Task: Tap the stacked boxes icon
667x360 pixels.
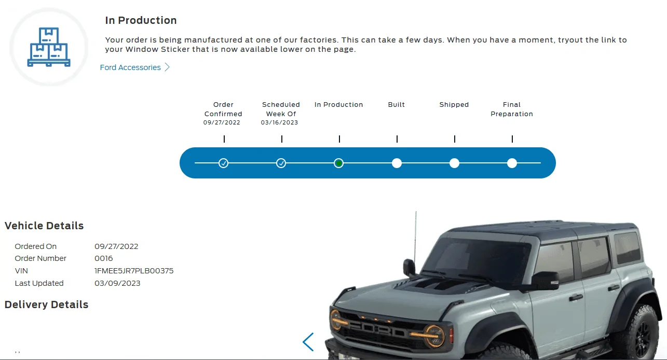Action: pos(49,47)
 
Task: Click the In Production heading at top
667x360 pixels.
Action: pos(141,20)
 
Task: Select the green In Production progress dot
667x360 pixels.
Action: pos(338,163)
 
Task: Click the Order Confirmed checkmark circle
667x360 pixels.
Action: pos(223,163)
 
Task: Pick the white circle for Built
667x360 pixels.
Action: pos(397,163)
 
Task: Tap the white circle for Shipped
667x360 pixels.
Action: pos(454,163)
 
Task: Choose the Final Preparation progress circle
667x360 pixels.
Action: pos(512,163)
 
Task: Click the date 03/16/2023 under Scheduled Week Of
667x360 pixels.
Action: pos(279,122)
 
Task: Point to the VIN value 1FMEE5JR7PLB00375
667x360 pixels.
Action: pos(134,271)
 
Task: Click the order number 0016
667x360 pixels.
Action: pos(104,258)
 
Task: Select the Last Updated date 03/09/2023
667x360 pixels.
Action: pos(117,283)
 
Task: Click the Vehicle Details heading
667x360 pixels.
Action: pos(44,226)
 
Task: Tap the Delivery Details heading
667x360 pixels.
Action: pos(46,304)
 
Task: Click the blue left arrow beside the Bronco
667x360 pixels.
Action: pos(308,342)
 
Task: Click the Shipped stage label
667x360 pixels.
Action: pos(454,105)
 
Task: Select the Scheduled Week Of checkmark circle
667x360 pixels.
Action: pos(281,163)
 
